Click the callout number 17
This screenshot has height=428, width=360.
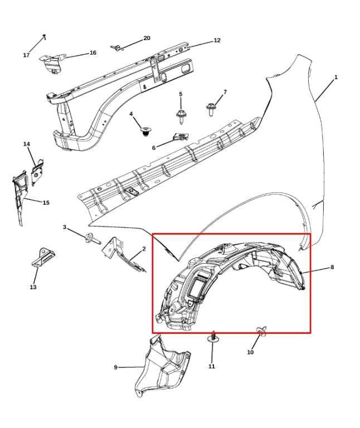tap(26, 55)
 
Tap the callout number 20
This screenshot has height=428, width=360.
tap(147, 38)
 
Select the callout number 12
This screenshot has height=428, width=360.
tap(217, 40)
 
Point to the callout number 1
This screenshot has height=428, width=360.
tap(336, 77)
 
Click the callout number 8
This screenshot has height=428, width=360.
tap(332, 267)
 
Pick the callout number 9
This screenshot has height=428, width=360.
tap(116, 367)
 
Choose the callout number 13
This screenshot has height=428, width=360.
tap(33, 287)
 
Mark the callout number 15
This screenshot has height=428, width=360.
tap(46, 202)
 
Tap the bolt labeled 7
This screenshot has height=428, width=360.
tap(210, 109)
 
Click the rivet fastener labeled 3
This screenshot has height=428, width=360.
tap(93, 239)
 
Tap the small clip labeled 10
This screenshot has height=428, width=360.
tap(262, 331)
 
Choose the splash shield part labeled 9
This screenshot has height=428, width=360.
tap(162, 366)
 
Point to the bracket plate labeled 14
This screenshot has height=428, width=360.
tap(37, 173)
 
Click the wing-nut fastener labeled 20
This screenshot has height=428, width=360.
tap(116, 48)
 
